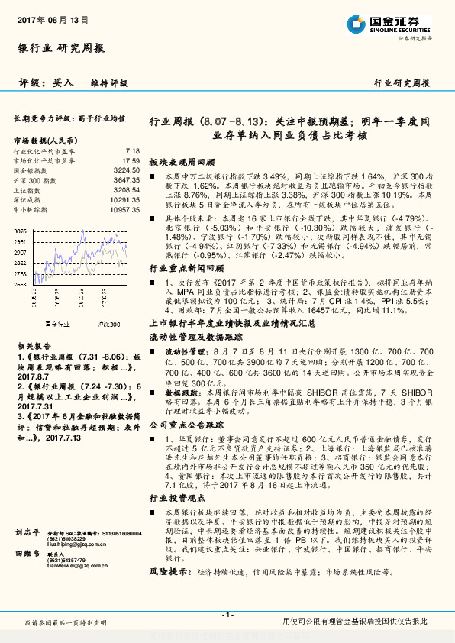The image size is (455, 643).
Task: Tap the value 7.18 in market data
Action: pos(132,151)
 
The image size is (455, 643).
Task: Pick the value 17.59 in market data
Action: pos(131,161)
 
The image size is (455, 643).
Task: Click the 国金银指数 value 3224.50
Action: pos(126,170)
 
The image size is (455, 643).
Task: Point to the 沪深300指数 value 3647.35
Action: pos(126,180)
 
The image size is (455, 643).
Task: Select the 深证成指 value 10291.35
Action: pos(124,199)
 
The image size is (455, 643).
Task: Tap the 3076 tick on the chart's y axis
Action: pos(21,231)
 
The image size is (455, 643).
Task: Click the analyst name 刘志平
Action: pos(27,530)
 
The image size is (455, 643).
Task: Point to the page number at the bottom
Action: pos(227,615)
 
